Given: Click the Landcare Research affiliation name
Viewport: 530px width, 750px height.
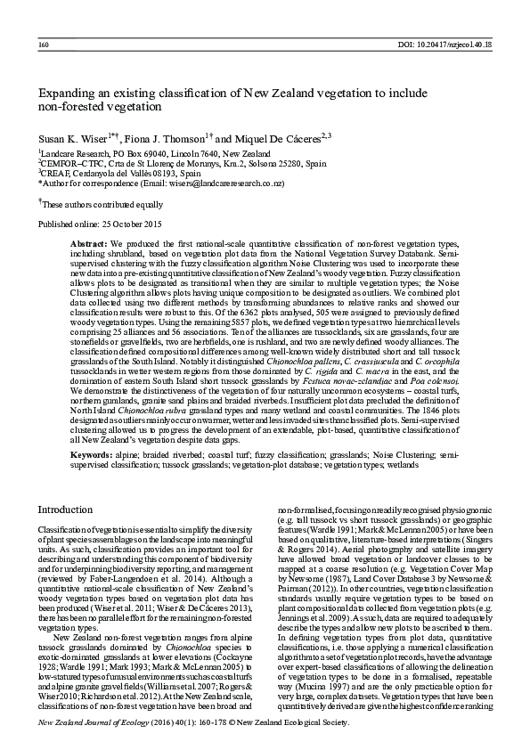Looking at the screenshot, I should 74,153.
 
